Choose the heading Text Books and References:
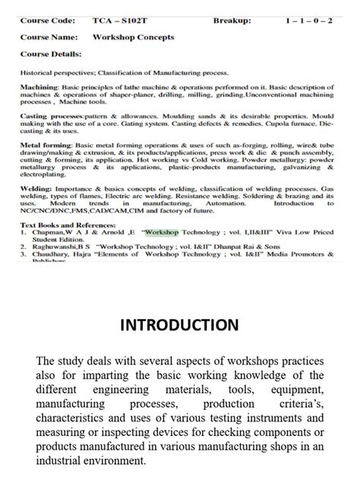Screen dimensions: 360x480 (x=71, y=226)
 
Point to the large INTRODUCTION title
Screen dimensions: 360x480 (x=179, y=326)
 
